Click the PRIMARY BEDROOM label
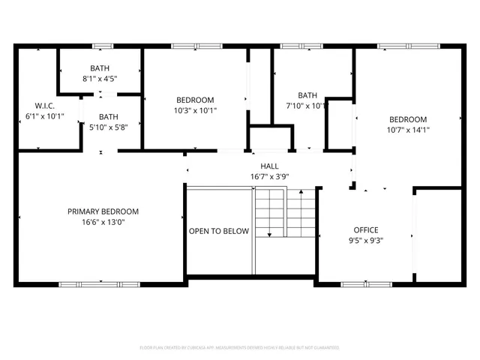tap(103, 211)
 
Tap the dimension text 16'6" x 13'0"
tap(103, 222)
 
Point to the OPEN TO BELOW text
tap(218, 231)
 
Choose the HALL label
tap(270, 166)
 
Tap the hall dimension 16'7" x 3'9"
tap(270, 177)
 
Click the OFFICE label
tap(366, 230)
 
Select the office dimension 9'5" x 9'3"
tap(366, 241)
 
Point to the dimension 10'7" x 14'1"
tap(408, 130)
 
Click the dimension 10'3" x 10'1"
tap(195, 111)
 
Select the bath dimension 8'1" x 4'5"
tap(100, 78)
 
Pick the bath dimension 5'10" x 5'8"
tap(109, 127)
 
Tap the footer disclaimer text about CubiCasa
tap(240, 348)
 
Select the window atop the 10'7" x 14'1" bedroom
tap(397, 46)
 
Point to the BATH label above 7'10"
tap(307, 95)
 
